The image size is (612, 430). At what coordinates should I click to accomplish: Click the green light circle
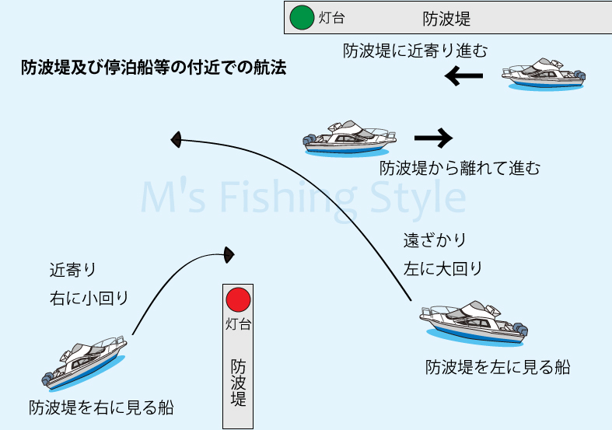(x=300, y=17)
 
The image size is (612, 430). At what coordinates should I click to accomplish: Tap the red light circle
(x=238, y=299)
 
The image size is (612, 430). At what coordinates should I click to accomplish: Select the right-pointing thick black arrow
(x=433, y=138)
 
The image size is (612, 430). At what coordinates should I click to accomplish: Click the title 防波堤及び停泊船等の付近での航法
(x=154, y=68)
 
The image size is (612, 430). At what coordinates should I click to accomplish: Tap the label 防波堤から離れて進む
(x=460, y=168)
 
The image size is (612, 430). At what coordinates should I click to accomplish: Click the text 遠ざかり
(x=435, y=240)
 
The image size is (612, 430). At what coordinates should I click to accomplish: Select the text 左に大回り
(x=442, y=269)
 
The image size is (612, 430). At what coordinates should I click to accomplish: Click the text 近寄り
(x=73, y=270)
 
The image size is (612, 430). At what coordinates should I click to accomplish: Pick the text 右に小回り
(x=88, y=298)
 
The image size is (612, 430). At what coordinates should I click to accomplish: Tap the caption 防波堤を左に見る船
(x=498, y=367)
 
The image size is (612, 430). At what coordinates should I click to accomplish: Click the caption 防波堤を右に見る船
(x=101, y=407)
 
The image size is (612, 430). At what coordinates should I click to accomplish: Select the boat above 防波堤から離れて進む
(x=348, y=138)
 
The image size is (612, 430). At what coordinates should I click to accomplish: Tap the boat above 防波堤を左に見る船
(x=474, y=322)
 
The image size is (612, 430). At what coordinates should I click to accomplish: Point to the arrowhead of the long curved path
(x=177, y=140)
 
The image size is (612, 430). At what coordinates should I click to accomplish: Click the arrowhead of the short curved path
(x=229, y=253)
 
